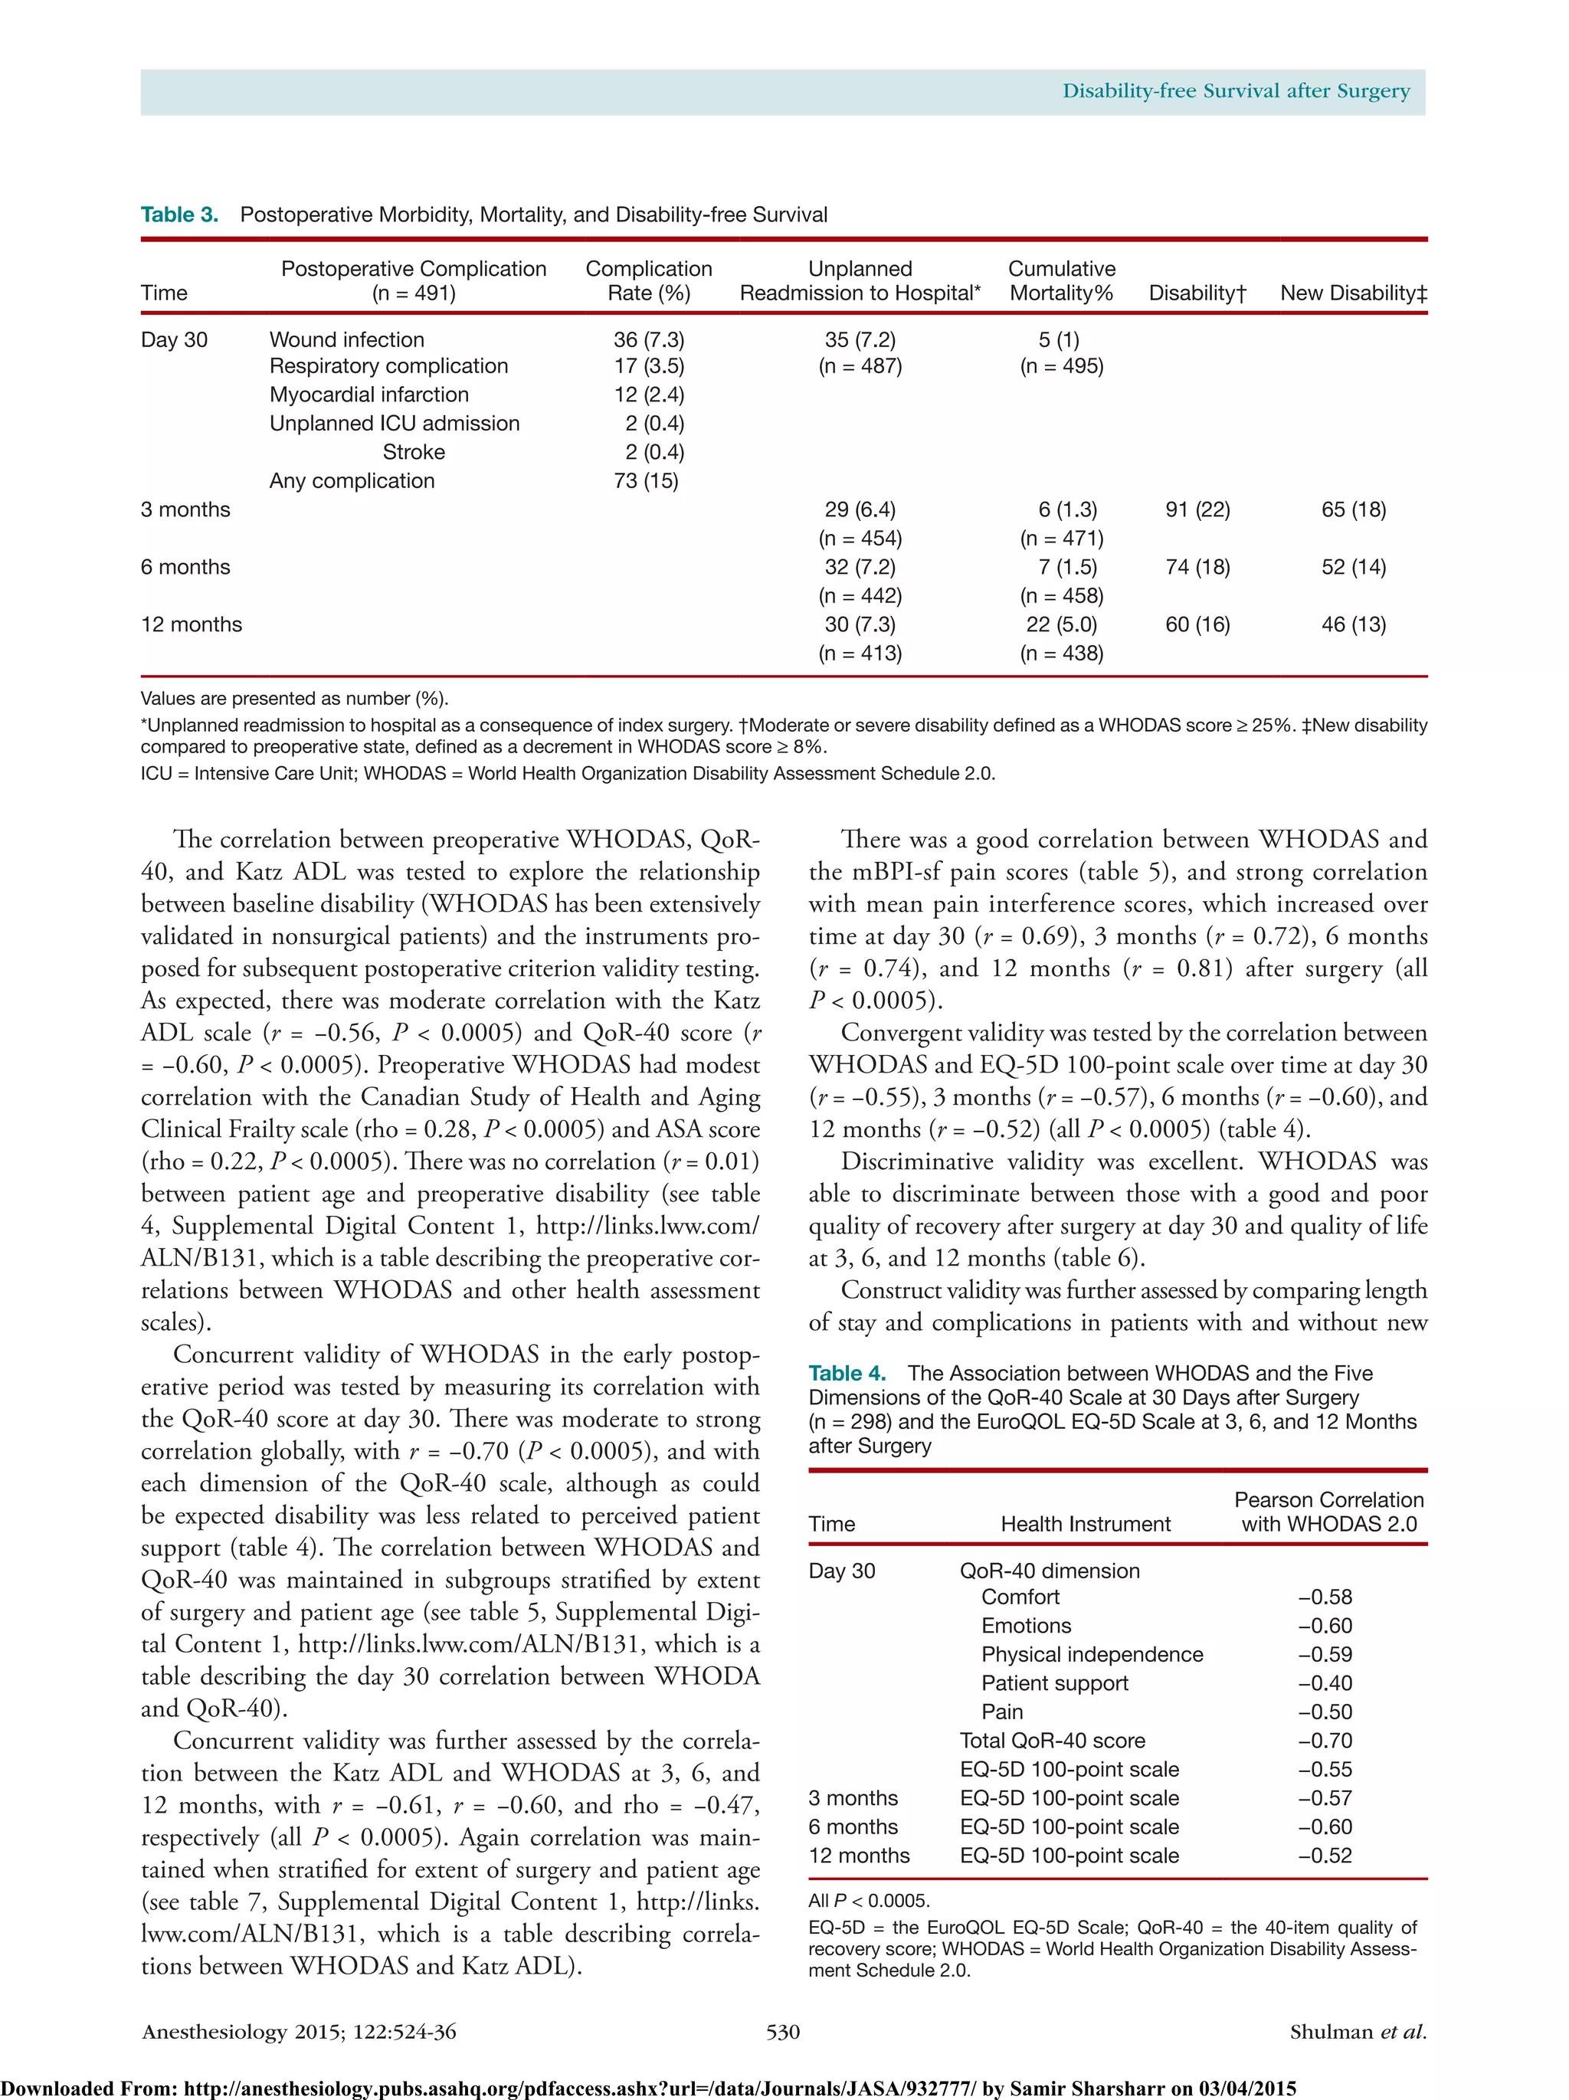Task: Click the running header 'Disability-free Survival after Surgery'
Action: click(1235, 91)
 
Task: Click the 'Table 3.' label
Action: click(179, 215)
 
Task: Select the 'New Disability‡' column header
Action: click(1353, 293)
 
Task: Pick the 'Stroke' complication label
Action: click(413, 452)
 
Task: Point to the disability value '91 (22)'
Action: click(1197, 509)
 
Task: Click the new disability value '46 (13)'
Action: click(1353, 624)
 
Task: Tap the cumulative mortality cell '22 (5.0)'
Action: click(1061, 624)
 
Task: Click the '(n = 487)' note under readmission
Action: click(860, 365)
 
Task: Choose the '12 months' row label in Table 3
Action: click(191, 624)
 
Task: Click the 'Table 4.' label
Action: click(847, 1373)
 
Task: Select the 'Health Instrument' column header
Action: click(1085, 1524)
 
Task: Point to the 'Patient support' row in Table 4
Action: click(1054, 1683)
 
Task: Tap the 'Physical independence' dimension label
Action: click(1092, 1655)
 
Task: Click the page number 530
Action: click(783, 2032)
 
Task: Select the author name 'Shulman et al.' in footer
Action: click(1358, 2032)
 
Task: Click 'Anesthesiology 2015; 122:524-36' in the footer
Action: click(299, 2032)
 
